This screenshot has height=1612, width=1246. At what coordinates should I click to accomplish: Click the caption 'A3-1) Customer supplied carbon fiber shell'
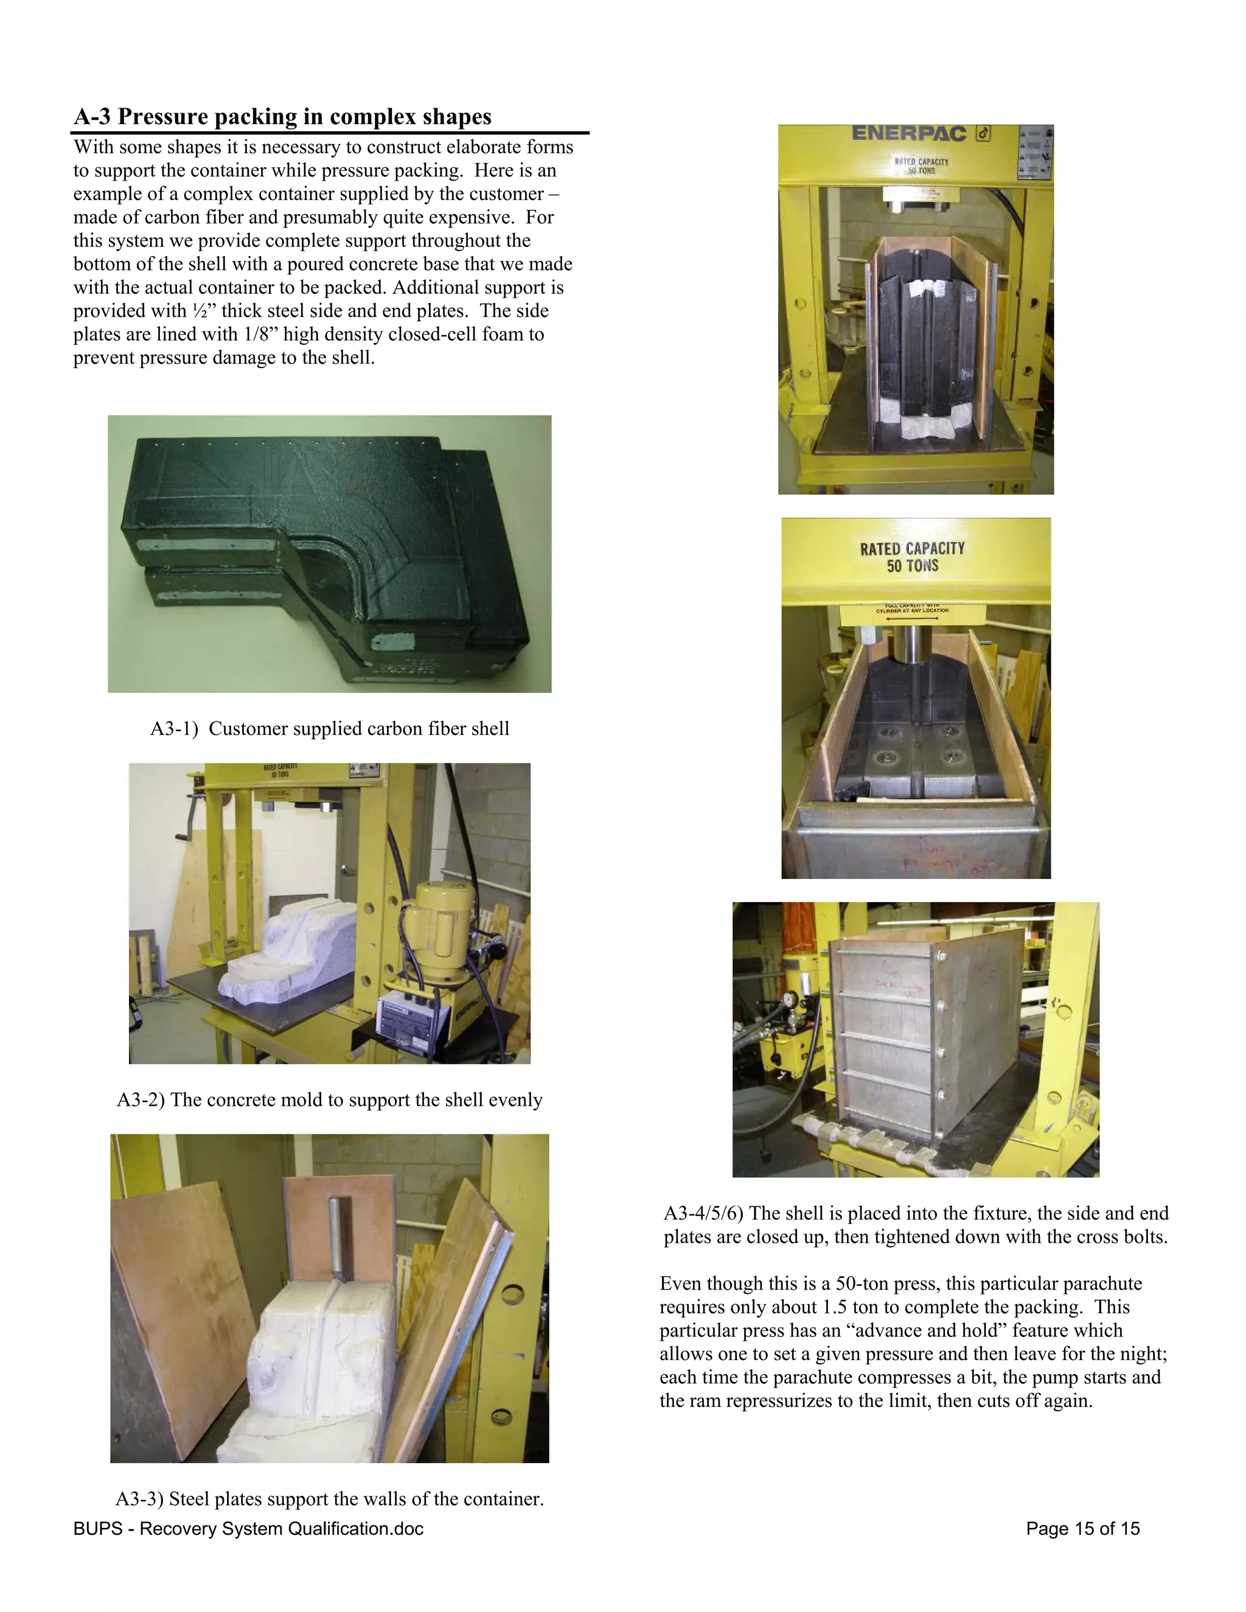(x=329, y=729)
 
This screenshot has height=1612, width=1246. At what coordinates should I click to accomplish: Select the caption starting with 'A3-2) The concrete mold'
(x=329, y=1099)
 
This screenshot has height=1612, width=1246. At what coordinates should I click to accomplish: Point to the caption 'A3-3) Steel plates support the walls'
(x=329, y=1498)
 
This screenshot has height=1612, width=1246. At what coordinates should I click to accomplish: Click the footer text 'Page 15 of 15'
(x=1082, y=1529)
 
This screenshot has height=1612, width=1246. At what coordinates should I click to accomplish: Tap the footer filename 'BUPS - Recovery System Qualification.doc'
(x=248, y=1529)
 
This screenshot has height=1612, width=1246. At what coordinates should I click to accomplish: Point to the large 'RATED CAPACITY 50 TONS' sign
(x=913, y=557)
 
